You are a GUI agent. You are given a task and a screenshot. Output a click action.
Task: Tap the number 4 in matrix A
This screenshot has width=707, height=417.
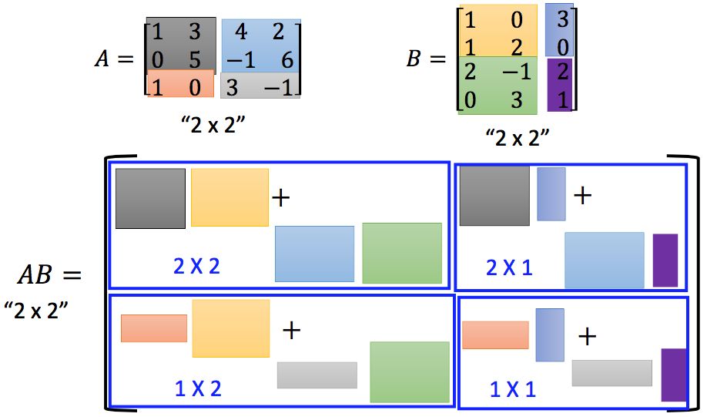pyautogui.click(x=240, y=33)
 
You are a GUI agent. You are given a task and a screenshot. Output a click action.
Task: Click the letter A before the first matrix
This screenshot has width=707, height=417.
pyautogui.click(x=101, y=59)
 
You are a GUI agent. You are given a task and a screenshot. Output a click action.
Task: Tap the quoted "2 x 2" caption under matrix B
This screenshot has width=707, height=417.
pyautogui.click(x=518, y=138)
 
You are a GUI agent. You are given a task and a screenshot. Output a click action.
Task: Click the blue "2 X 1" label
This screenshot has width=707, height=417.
pyautogui.click(x=509, y=267)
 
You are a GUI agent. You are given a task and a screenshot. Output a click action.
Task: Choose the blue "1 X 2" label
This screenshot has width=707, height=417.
pyautogui.click(x=198, y=388)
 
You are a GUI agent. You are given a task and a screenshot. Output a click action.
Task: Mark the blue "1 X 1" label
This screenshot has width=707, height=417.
pyautogui.click(x=512, y=389)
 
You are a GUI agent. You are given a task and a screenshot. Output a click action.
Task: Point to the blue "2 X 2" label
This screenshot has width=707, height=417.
pyautogui.click(x=196, y=267)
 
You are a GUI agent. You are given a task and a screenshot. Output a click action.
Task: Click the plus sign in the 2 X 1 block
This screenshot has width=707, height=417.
pyautogui.click(x=583, y=195)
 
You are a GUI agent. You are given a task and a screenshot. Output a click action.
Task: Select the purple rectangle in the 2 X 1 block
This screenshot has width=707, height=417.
pyautogui.click(x=665, y=261)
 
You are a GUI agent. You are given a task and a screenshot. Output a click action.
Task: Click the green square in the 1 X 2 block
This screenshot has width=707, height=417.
pyautogui.click(x=409, y=372)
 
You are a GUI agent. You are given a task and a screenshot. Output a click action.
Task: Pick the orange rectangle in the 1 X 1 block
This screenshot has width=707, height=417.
pyautogui.click(x=495, y=335)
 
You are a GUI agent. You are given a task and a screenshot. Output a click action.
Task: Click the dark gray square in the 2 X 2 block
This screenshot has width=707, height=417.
pyautogui.click(x=150, y=198)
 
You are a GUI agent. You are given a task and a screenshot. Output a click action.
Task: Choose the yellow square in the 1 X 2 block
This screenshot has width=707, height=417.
pyautogui.click(x=230, y=328)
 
